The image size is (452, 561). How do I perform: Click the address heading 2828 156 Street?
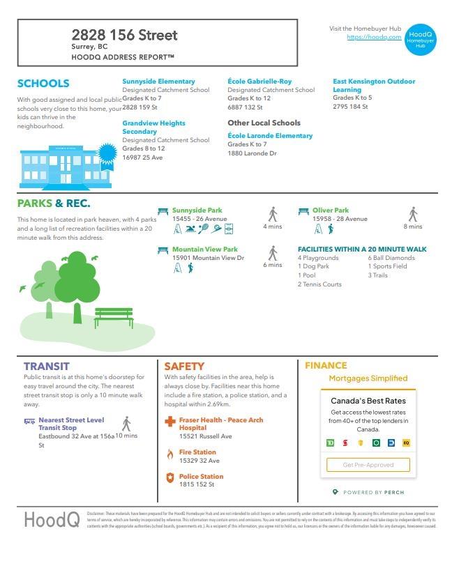tap(124, 35)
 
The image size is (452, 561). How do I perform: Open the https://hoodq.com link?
tap(374, 37)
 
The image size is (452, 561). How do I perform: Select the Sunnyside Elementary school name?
tap(158, 82)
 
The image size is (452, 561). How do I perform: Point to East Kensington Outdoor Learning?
tap(373, 86)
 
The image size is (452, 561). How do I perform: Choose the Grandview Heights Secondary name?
tap(153, 128)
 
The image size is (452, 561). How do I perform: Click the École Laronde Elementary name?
tap(270, 136)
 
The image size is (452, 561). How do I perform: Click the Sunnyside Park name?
tap(197, 210)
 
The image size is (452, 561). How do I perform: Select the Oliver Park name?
tap(331, 210)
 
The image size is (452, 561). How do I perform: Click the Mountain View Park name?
tap(204, 249)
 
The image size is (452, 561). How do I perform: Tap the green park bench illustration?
tap(114, 318)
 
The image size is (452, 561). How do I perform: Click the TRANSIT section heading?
tap(46, 366)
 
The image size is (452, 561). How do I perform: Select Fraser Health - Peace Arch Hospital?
tap(220, 424)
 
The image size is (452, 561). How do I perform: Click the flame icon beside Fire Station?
tap(169, 454)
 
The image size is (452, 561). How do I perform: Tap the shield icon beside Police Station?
tap(169, 477)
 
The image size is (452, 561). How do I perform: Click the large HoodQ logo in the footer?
tap(52, 520)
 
